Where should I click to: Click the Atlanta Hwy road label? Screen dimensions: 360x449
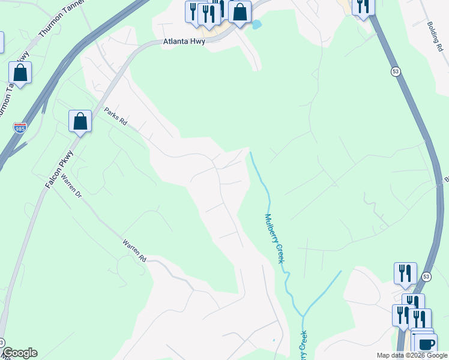184,42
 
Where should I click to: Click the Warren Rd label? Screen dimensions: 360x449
134,251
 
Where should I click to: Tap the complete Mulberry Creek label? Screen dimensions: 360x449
274,239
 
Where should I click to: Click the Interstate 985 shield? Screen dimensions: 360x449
20,128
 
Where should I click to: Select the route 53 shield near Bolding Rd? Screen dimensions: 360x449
394,71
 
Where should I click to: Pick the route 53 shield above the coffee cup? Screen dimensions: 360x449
426,277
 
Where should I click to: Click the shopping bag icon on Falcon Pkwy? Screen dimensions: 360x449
80,121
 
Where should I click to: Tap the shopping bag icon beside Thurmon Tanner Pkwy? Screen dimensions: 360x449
20,73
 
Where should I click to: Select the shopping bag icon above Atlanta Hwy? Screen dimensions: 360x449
240,12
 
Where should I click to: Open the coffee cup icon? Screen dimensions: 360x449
426,344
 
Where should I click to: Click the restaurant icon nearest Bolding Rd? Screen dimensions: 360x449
363,6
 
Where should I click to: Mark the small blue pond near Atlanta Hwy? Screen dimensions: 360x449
257,25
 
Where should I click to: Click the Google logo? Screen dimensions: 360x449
20,353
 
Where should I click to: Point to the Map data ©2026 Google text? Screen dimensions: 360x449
411,355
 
